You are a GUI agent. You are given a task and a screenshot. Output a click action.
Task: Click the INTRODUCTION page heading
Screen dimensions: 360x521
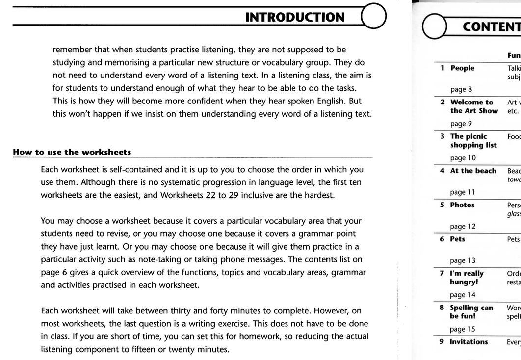click(x=294, y=17)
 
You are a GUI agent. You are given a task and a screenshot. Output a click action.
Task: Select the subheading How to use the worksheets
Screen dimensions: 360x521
click(x=72, y=152)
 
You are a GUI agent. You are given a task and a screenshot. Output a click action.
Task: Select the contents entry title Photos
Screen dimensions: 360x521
click(x=462, y=205)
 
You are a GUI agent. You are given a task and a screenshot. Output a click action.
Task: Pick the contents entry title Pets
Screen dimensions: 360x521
click(x=458, y=239)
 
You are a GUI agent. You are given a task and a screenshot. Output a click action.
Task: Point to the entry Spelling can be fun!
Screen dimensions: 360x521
click(x=471, y=312)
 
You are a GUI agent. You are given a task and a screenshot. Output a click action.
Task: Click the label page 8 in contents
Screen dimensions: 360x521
click(x=460, y=90)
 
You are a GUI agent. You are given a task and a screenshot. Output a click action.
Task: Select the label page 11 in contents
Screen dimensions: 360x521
click(x=462, y=193)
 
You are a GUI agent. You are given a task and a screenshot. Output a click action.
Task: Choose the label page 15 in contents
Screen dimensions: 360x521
click(x=462, y=330)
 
